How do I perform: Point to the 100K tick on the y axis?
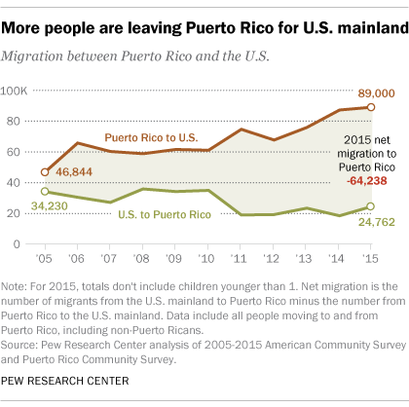tap(19, 92)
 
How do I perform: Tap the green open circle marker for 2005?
tap(46, 191)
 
